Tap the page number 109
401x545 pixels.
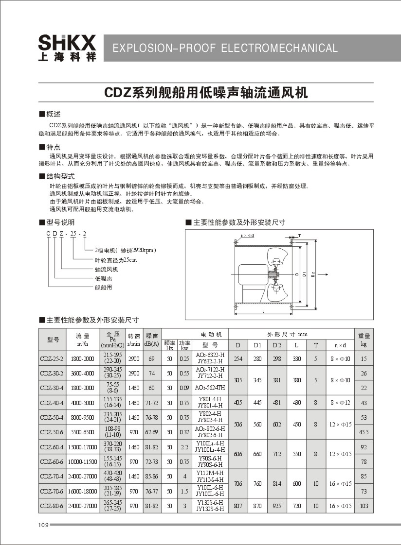click(43, 525)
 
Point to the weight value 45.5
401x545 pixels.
click(364, 432)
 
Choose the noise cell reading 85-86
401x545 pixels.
click(152, 477)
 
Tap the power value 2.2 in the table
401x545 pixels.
click(185, 447)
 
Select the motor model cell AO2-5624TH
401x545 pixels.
click(210, 388)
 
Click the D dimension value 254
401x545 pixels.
click(238, 359)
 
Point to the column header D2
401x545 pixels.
click(277, 345)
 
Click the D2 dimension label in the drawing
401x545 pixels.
click(313, 274)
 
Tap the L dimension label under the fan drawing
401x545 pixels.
click(263, 311)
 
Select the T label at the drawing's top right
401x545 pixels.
click(299, 235)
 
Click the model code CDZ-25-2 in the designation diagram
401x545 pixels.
click(66, 234)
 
